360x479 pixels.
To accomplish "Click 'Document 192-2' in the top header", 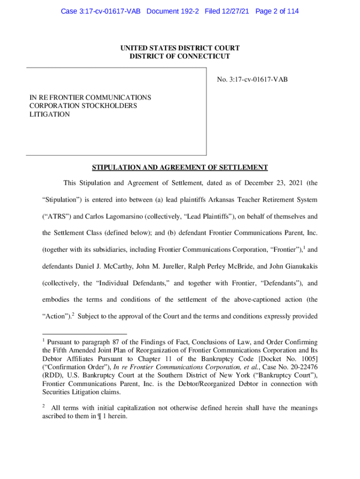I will (173, 11).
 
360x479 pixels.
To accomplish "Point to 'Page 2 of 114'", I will (277, 11).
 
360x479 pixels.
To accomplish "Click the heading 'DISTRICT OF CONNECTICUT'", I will (180, 56).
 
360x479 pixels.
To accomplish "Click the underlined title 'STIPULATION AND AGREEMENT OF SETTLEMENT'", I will (180, 167).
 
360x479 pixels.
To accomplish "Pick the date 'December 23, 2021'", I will (272, 182).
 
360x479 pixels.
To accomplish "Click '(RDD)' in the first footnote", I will (51, 375).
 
